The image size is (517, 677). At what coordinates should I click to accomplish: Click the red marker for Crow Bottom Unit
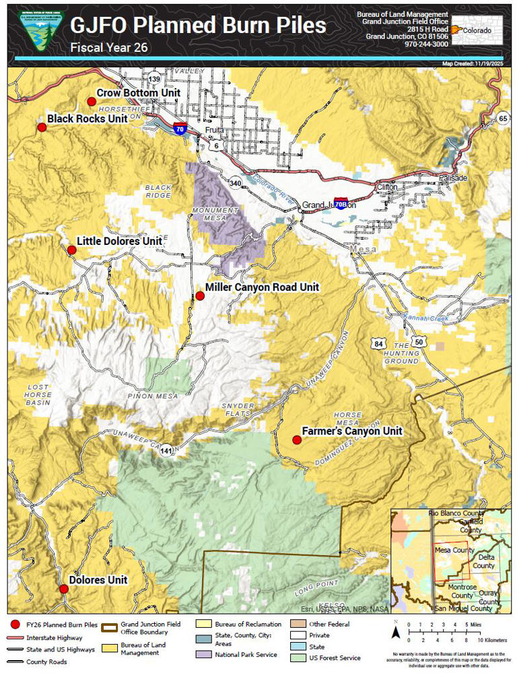coord(92,102)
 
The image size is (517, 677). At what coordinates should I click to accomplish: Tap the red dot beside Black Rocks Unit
coord(42,127)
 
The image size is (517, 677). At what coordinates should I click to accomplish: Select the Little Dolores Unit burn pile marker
coord(72,250)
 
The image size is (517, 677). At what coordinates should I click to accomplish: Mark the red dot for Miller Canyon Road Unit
coord(200,296)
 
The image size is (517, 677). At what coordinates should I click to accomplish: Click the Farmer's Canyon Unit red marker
coord(296,440)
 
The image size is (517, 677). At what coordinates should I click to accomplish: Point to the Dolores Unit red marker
coord(64,589)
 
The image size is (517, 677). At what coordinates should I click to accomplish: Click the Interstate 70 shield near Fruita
coord(179,129)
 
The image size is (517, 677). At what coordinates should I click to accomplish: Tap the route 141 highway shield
coord(166,451)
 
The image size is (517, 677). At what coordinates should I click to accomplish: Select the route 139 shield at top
coord(155,79)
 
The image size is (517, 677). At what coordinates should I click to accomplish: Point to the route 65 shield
coord(503,118)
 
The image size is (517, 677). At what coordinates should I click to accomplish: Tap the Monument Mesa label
coord(215,214)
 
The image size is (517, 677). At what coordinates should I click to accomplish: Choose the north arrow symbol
coord(397,631)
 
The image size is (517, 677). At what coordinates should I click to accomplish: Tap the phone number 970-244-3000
coord(426,44)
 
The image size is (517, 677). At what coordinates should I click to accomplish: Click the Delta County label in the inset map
coord(483,562)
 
